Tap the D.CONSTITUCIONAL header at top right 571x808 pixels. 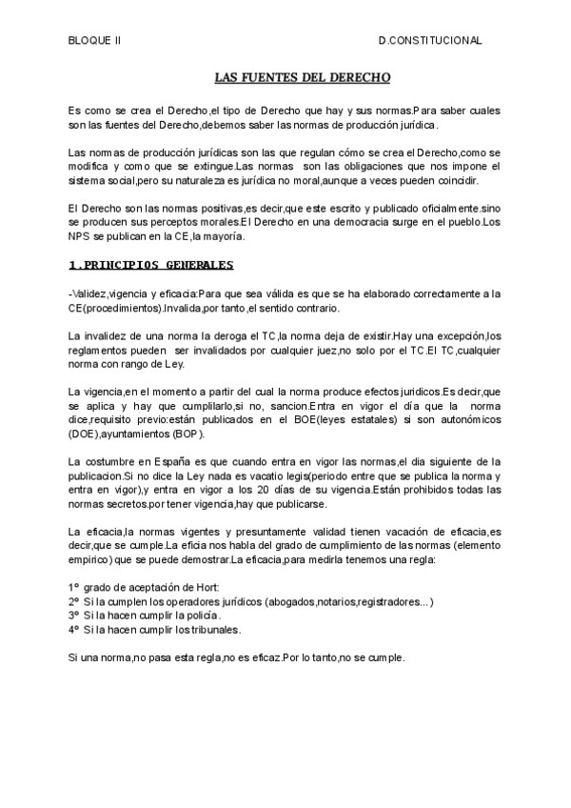tap(429, 41)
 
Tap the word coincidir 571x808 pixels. tap(456, 180)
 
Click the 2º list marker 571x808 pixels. tap(73, 602)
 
